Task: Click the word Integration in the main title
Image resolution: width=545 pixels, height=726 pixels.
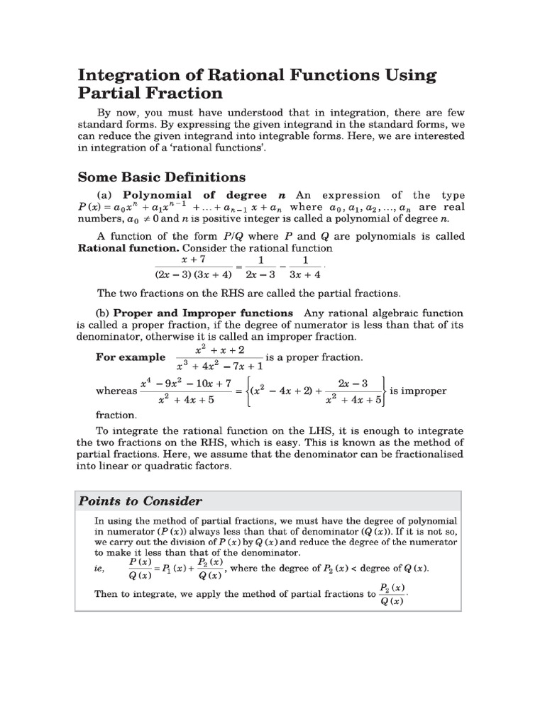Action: pyautogui.click(x=133, y=74)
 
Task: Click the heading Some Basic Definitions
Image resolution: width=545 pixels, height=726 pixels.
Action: pyautogui.click(x=161, y=177)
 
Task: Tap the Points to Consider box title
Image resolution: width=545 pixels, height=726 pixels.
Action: pyautogui.click(x=140, y=501)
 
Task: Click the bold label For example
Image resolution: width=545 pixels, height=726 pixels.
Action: pyautogui.click(x=131, y=357)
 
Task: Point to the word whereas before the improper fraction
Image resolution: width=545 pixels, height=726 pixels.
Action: pyautogui.click(x=116, y=391)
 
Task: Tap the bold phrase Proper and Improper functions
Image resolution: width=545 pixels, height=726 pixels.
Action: pyautogui.click(x=203, y=313)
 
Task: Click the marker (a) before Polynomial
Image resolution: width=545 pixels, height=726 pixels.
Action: pyautogui.click(x=106, y=195)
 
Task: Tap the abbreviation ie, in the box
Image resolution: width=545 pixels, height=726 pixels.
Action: pyautogui.click(x=101, y=569)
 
